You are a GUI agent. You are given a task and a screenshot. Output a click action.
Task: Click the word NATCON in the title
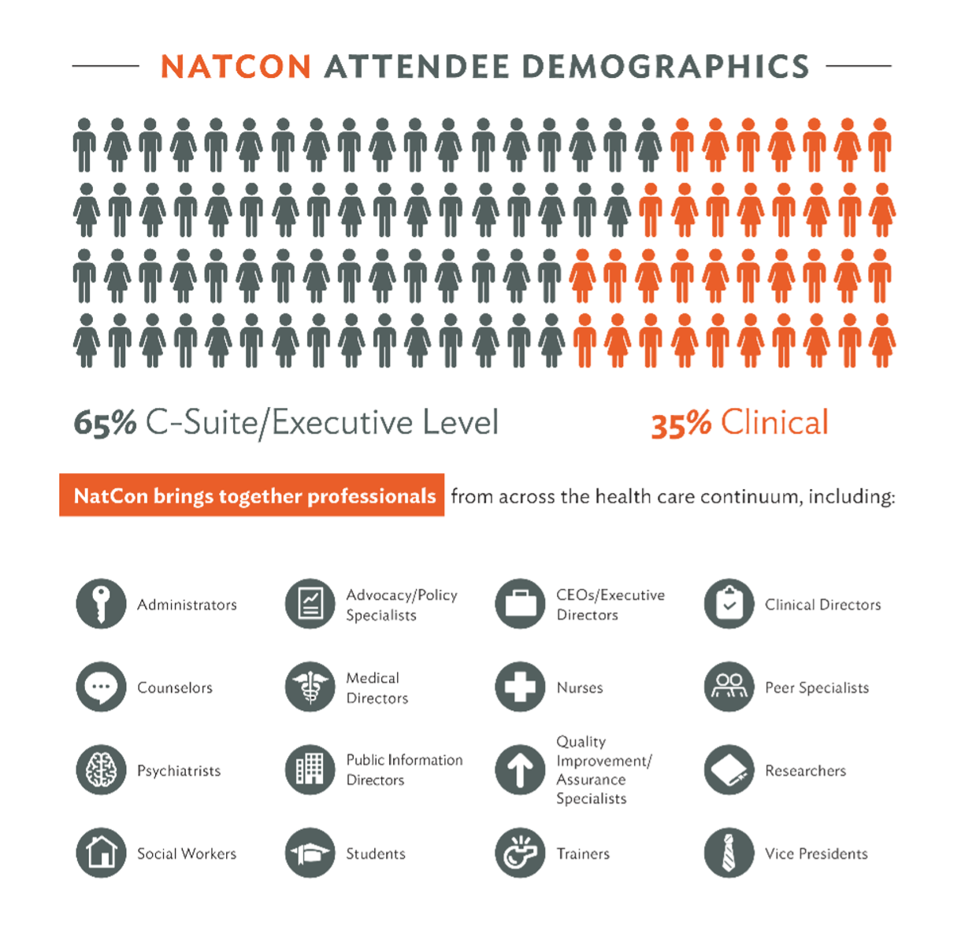tap(236, 67)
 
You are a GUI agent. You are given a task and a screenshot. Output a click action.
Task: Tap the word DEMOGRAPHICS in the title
tap(666, 67)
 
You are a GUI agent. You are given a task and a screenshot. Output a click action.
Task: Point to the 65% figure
tap(105, 424)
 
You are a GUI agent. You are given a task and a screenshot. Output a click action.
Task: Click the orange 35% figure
tap(681, 424)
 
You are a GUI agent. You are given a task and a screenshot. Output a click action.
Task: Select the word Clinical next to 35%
tap(774, 423)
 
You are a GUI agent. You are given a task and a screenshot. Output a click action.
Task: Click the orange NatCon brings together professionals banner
tap(252, 495)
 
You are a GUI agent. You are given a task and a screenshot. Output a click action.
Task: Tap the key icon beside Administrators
tap(101, 604)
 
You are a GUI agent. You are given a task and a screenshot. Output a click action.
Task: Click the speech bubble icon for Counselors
tap(101, 687)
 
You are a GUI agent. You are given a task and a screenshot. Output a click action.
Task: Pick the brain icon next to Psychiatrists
tap(101, 770)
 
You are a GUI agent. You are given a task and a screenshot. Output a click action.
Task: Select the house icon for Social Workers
tap(101, 853)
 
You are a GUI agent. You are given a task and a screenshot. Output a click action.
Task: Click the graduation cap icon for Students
tap(310, 853)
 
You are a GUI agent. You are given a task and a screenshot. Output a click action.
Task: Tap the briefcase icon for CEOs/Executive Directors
tap(520, 604)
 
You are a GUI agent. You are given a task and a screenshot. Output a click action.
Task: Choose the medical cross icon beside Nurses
tap(520, 687)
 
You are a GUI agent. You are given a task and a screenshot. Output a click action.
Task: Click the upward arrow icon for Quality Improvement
tap(520, 770)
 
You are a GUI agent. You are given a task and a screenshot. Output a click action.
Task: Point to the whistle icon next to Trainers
tap(520, 853)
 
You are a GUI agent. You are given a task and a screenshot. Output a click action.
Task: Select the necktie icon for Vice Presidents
tap(729, 853)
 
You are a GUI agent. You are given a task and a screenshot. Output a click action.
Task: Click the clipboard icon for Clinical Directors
tap(729, 604)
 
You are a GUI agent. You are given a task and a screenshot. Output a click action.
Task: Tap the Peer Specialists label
tap(817, 687)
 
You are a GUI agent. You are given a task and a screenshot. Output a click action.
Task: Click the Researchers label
tap(805, 771)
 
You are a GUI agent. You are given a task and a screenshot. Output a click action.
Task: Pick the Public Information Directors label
tap(404, 770)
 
